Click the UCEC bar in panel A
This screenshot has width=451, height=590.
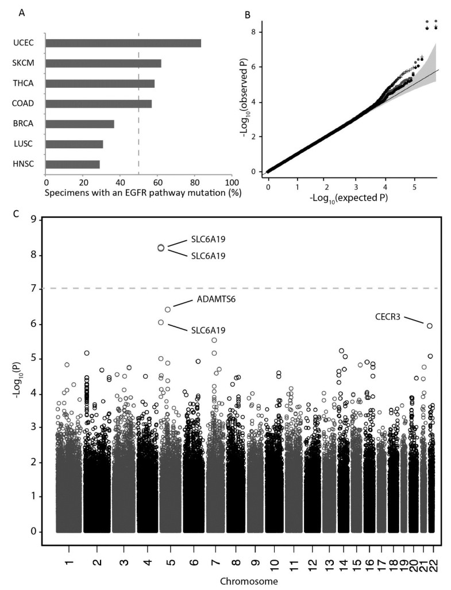pos(123,43)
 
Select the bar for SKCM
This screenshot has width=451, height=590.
pos(103,63)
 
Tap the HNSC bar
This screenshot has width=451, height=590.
pos(72,164)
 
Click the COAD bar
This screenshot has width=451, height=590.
pos(99,103)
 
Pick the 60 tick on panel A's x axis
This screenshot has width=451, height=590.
pos(157,183)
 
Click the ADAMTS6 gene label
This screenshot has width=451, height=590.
pos(216,300)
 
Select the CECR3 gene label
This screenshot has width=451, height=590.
pos(388,317)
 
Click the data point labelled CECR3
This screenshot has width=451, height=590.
pos(430,326)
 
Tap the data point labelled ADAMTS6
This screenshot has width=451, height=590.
pos(168,309)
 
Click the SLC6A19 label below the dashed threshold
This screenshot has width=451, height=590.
pos(209,330)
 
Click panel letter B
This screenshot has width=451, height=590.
pos(247,15)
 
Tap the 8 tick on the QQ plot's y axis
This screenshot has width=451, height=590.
pos(255,32)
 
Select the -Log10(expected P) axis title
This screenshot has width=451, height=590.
pos(348,198)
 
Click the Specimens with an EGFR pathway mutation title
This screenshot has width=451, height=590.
pos(143,192)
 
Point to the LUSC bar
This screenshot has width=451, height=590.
pos(74,144)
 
